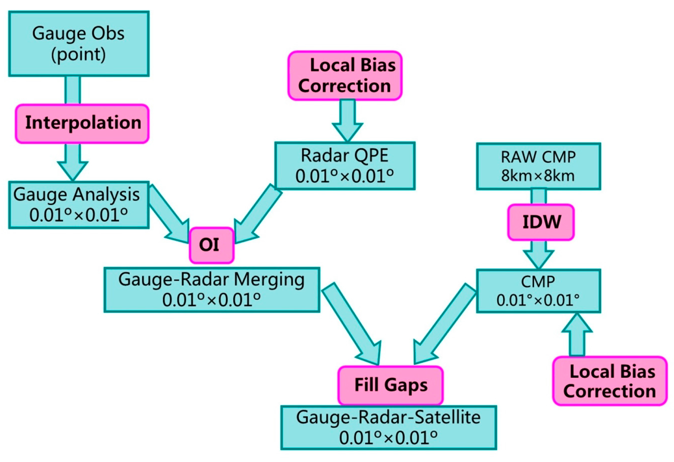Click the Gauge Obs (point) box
[79, 44]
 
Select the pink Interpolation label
[82, 123]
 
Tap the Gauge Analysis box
[79, 205]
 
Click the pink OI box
[211, 245]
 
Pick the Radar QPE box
[345, 166]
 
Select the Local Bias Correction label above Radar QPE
[345, 76]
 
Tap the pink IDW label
[540, 222]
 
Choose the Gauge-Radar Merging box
[211, 289]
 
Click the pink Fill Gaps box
[390, 385]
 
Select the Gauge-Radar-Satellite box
[388, 427]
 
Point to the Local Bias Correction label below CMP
[609, 381]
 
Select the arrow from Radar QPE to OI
[257, 214]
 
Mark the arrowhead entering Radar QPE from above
[347, 130]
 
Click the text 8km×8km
[538, 175]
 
